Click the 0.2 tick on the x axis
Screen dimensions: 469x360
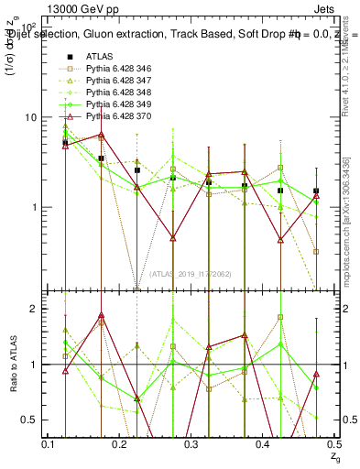[120, 444]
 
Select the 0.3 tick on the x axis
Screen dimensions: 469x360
[191, 444]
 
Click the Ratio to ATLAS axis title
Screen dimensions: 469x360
[13, 364]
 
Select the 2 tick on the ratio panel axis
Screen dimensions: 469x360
[36, 309]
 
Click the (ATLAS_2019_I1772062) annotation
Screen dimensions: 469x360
[191, 274]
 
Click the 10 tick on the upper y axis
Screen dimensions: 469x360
[31, 117]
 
